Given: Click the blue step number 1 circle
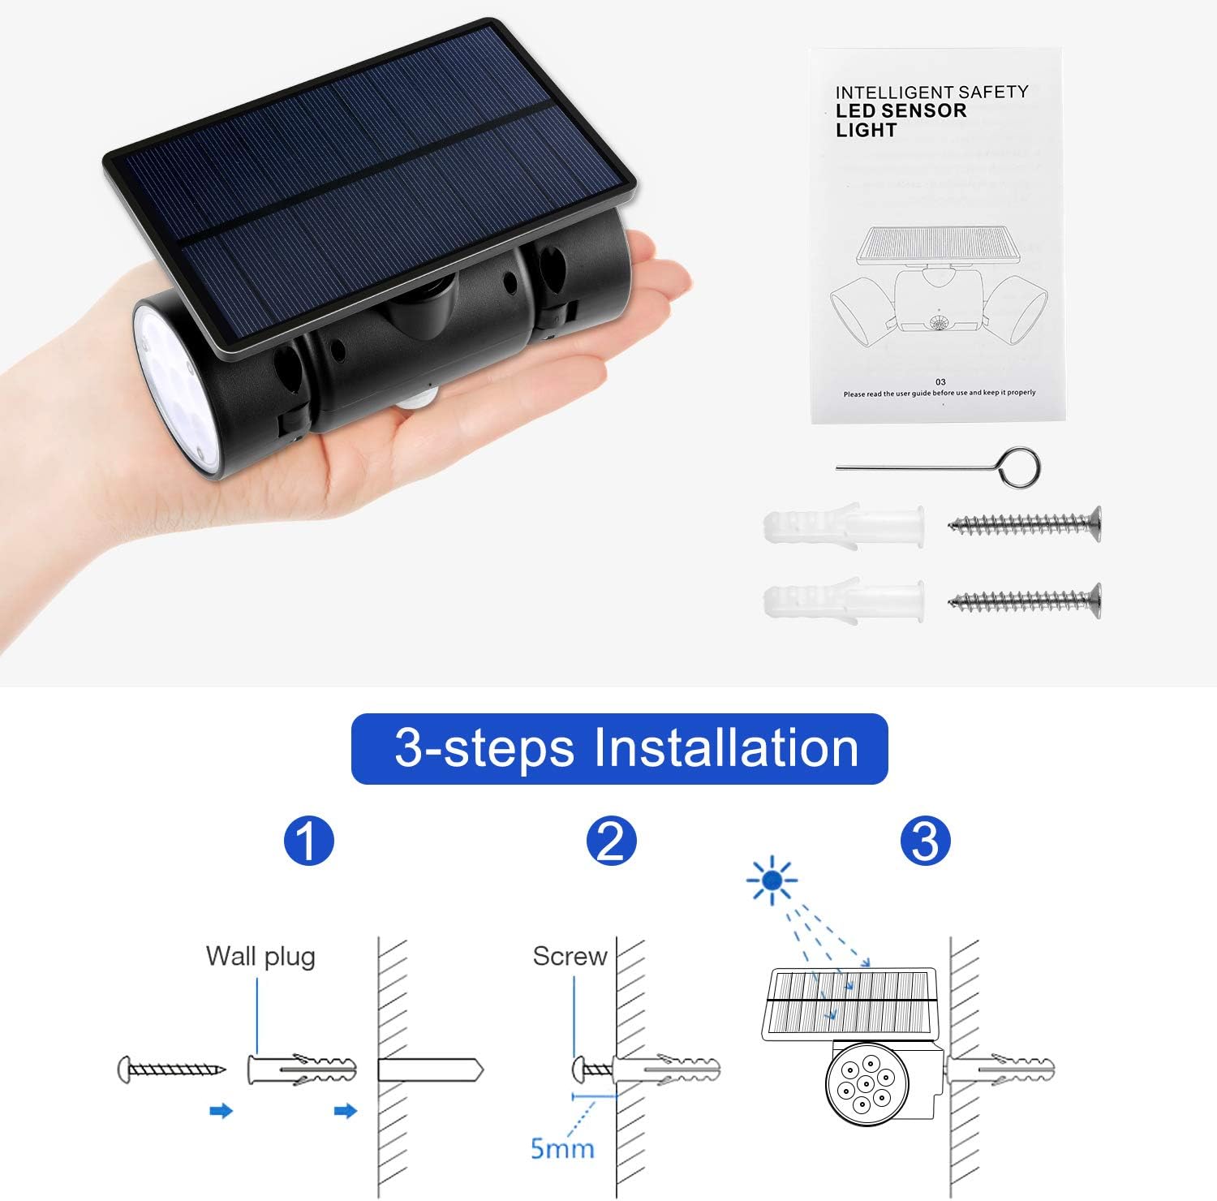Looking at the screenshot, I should point(308,841).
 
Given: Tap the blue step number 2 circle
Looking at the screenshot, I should point(611,841).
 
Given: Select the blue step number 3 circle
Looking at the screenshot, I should point(925,841).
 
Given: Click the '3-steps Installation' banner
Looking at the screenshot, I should point(619,748).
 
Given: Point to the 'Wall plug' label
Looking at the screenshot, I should point(260,956).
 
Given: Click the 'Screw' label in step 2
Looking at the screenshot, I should point(570,956).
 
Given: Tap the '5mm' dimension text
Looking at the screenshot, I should point(562,1148).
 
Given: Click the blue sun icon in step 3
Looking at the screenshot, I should point(772,880).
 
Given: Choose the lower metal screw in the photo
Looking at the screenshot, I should point(1025,600).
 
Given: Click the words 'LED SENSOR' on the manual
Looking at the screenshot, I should point(901,111).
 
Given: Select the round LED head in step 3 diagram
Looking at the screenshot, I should point(867,1084).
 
